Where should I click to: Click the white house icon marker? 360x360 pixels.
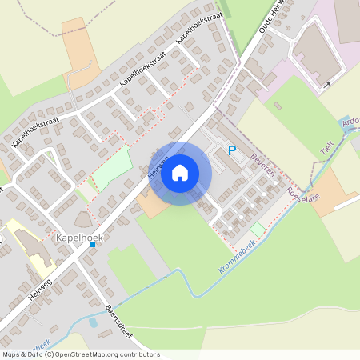pos(180,173)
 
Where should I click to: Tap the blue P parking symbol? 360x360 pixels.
pos(233,150)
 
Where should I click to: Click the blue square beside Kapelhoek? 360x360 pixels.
pos(93,246)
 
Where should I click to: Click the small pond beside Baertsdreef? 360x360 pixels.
pos(94,323)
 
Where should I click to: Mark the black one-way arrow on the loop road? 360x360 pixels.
pos(327,82)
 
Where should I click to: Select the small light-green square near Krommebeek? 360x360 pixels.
pos(256,229)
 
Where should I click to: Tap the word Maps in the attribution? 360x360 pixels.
pos(11,354)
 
